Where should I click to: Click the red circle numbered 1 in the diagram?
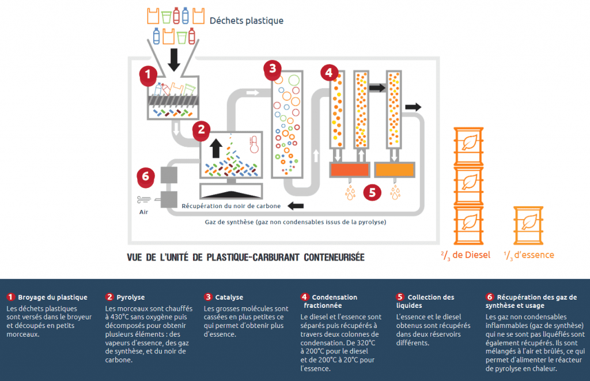148,74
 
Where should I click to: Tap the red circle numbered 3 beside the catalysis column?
273,69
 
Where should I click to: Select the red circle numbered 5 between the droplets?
372,193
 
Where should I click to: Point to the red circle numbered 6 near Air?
146,176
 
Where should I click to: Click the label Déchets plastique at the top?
247,21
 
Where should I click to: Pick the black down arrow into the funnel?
174,59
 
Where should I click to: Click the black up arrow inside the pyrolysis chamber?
216,148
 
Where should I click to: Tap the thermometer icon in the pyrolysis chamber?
254,145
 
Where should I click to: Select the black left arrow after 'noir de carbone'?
296,206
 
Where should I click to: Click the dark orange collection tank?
350,170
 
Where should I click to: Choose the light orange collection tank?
395,170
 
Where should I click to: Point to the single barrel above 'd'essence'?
528,225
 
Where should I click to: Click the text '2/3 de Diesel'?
466,255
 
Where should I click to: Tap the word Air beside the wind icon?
143,212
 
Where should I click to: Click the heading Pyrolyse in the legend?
131,297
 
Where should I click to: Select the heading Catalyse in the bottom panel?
229,297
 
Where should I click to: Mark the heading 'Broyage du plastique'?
52,297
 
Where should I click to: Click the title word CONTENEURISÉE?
334,258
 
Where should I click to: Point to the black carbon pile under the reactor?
231,194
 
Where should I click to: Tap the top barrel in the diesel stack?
468,146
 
